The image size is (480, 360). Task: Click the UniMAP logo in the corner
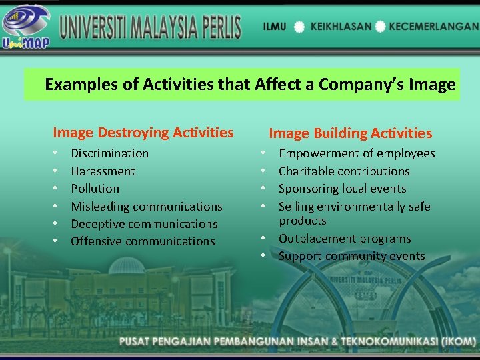pos(26,26)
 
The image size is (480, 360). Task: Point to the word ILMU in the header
pos(275,26)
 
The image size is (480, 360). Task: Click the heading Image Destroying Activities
pos(143,133)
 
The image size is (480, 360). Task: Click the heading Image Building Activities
pos(350,133)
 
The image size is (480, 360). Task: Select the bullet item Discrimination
pos(110,153)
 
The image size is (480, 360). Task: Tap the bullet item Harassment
pos(103,171)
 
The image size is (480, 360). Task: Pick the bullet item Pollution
pos(95,189)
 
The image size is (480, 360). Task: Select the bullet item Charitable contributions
pos(344,171)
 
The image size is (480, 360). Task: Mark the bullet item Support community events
pos(351,256)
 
